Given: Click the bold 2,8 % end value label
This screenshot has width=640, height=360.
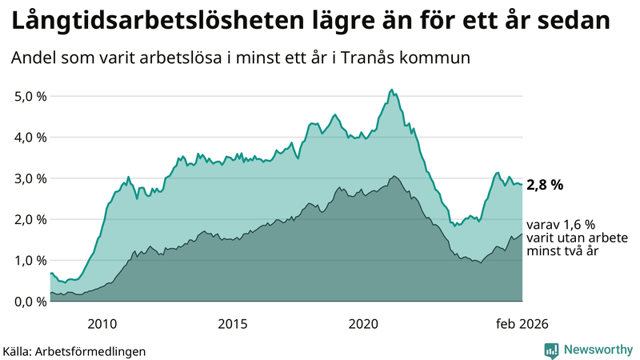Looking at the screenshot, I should click(545, 185).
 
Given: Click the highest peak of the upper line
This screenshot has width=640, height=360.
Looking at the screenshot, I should click(390, 90).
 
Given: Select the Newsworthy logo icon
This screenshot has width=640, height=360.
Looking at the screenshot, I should click(551, 350).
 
